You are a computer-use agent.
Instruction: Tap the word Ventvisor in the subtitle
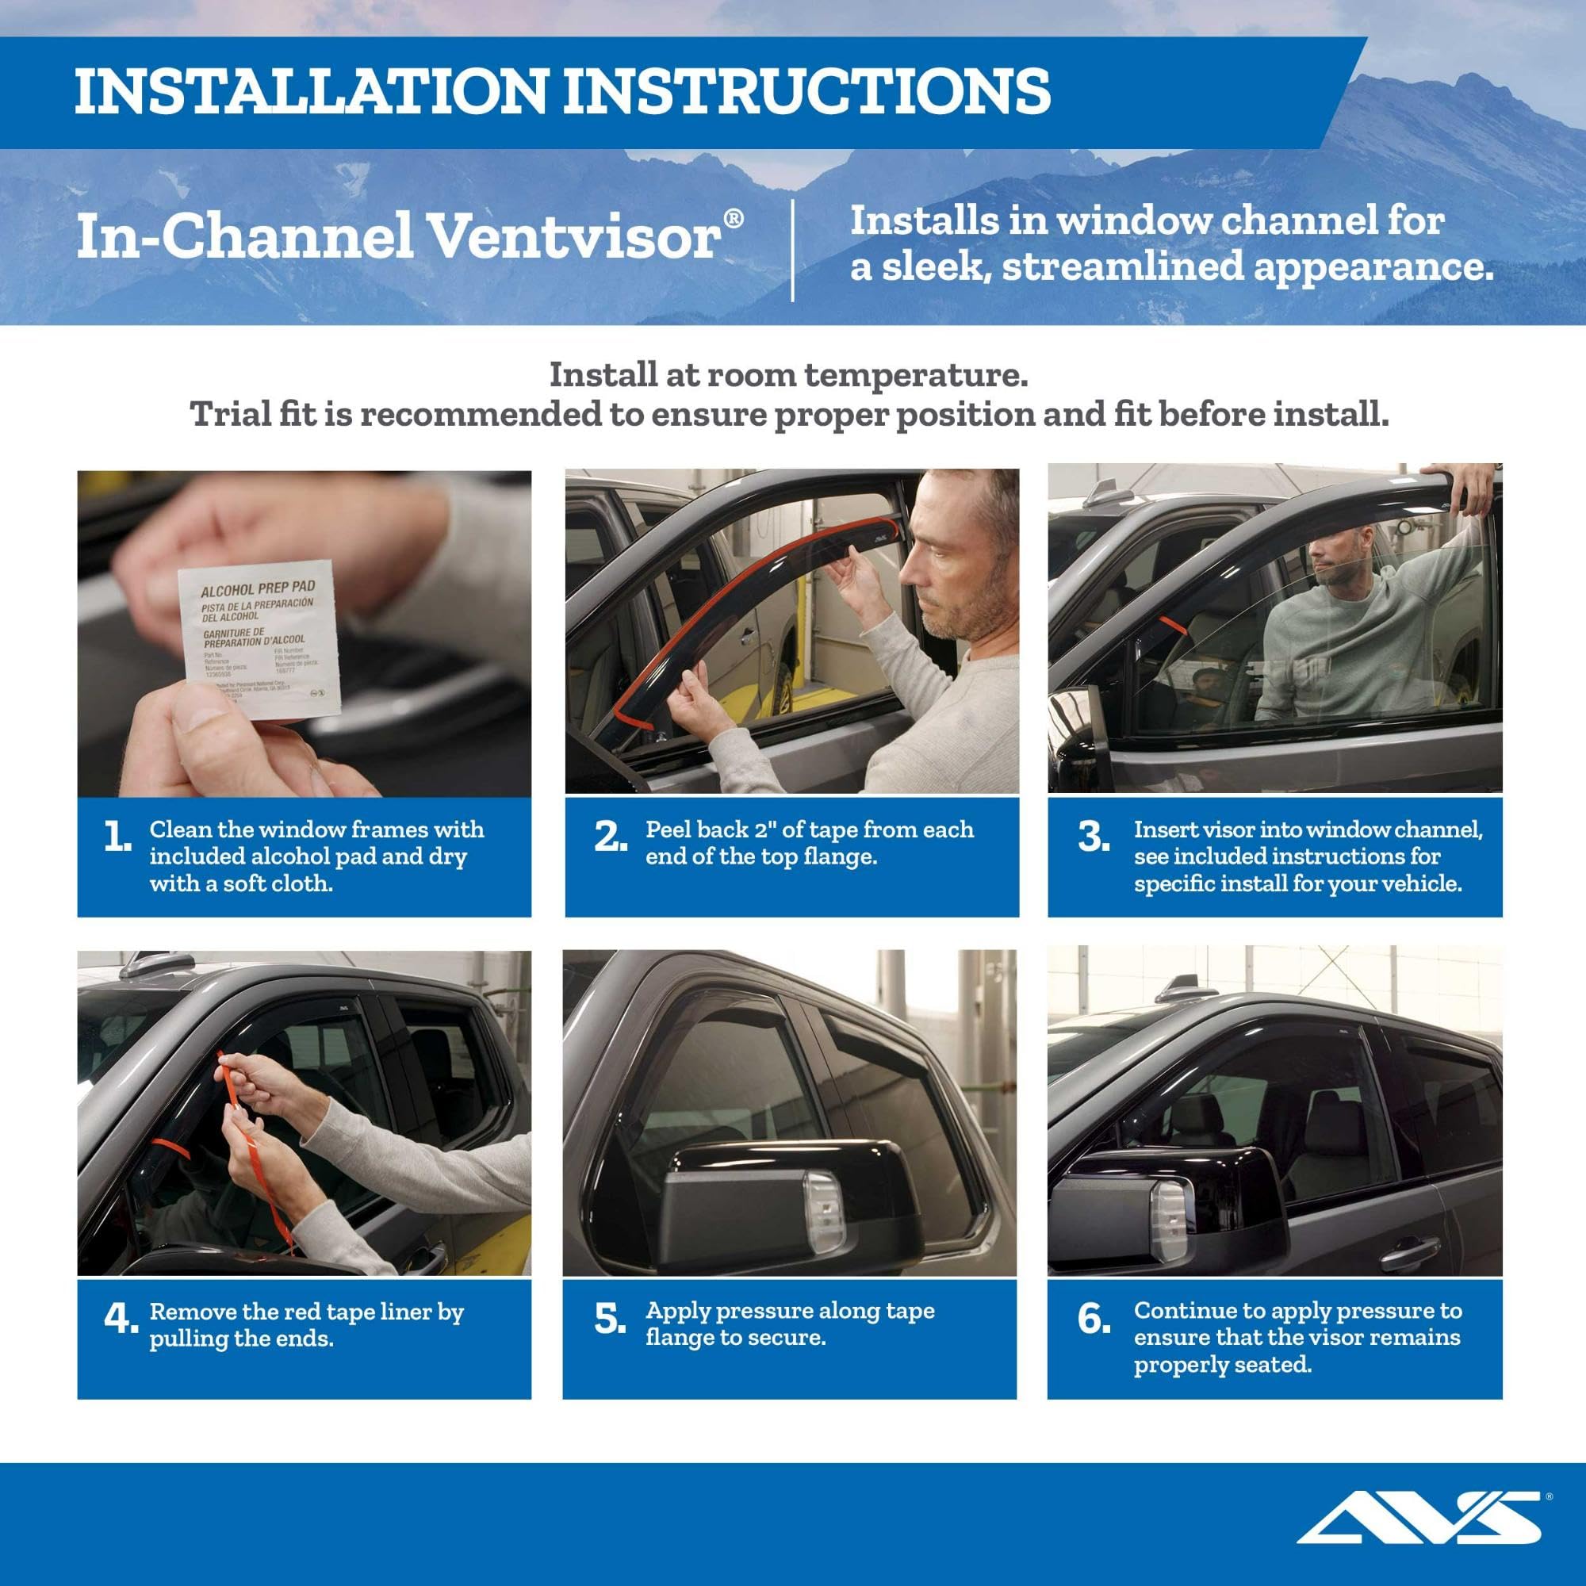coord(575,238)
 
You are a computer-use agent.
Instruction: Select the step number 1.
coord(117,838)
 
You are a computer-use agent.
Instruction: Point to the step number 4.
coord(120,1320)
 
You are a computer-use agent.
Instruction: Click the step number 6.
coord(1094,1320)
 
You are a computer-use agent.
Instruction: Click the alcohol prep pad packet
coord(258,640)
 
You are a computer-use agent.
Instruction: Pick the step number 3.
coord(1094,838)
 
